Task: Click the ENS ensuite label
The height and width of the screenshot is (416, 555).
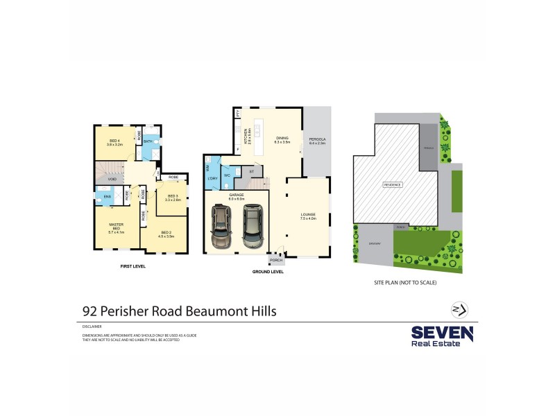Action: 108,197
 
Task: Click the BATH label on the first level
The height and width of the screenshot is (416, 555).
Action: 148,141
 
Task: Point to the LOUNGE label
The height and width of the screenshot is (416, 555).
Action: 309,216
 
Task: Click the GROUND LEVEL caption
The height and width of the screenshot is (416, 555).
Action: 268,272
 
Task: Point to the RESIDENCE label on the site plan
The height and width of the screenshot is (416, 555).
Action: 393,185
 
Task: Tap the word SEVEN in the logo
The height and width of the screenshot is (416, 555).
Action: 442,333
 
